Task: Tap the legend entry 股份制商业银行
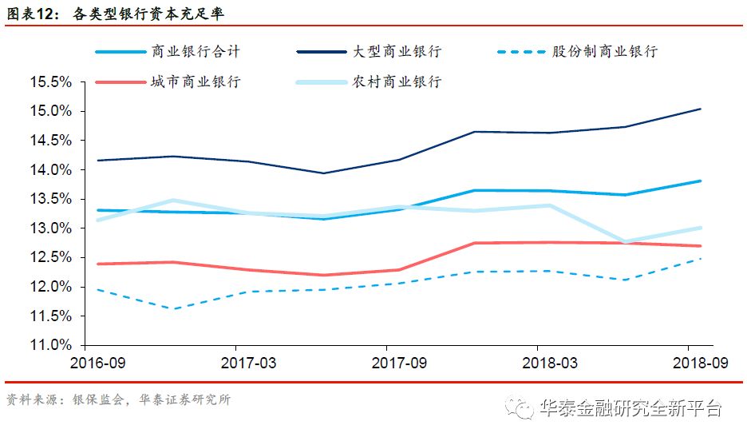click(x=605, y=51)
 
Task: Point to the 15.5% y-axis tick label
click(x=50, y=82)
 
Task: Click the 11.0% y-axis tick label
click(x=50, y=345)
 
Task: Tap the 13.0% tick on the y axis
click(x=50, y=228)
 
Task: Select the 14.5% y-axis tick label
click(x=50, y=141)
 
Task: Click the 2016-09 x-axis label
click(x=99, y=362)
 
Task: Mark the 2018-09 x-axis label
click(x=699, y=362)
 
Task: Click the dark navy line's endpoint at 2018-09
click(x=701, y=109)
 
